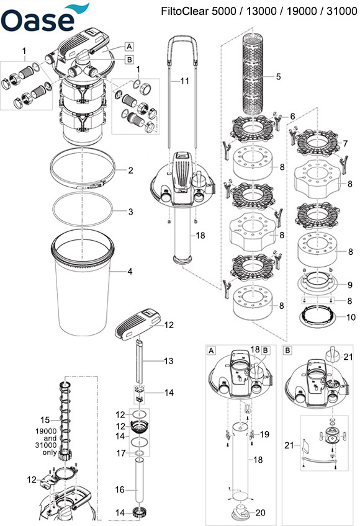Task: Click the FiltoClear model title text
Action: point(259,11)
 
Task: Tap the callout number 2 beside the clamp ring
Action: point(130,171)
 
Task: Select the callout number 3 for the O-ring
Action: point(130,212)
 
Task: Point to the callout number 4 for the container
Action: point(130,272)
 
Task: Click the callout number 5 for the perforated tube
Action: point(279,77)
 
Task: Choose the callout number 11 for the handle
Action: point(185,81)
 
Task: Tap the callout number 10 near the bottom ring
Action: point(351,317)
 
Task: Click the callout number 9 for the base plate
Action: point(350,285)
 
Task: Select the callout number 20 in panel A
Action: point(260,512)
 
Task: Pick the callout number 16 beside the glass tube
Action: point(120,490)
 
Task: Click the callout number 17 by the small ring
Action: point(121,453)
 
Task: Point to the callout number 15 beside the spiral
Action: point(45,420)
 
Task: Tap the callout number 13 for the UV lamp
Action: point(169,361)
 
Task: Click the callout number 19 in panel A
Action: point(264,434)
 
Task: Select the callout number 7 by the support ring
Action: point(345,143)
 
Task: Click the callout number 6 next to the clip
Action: point(292,117)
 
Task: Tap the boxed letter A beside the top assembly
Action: point(129,47)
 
